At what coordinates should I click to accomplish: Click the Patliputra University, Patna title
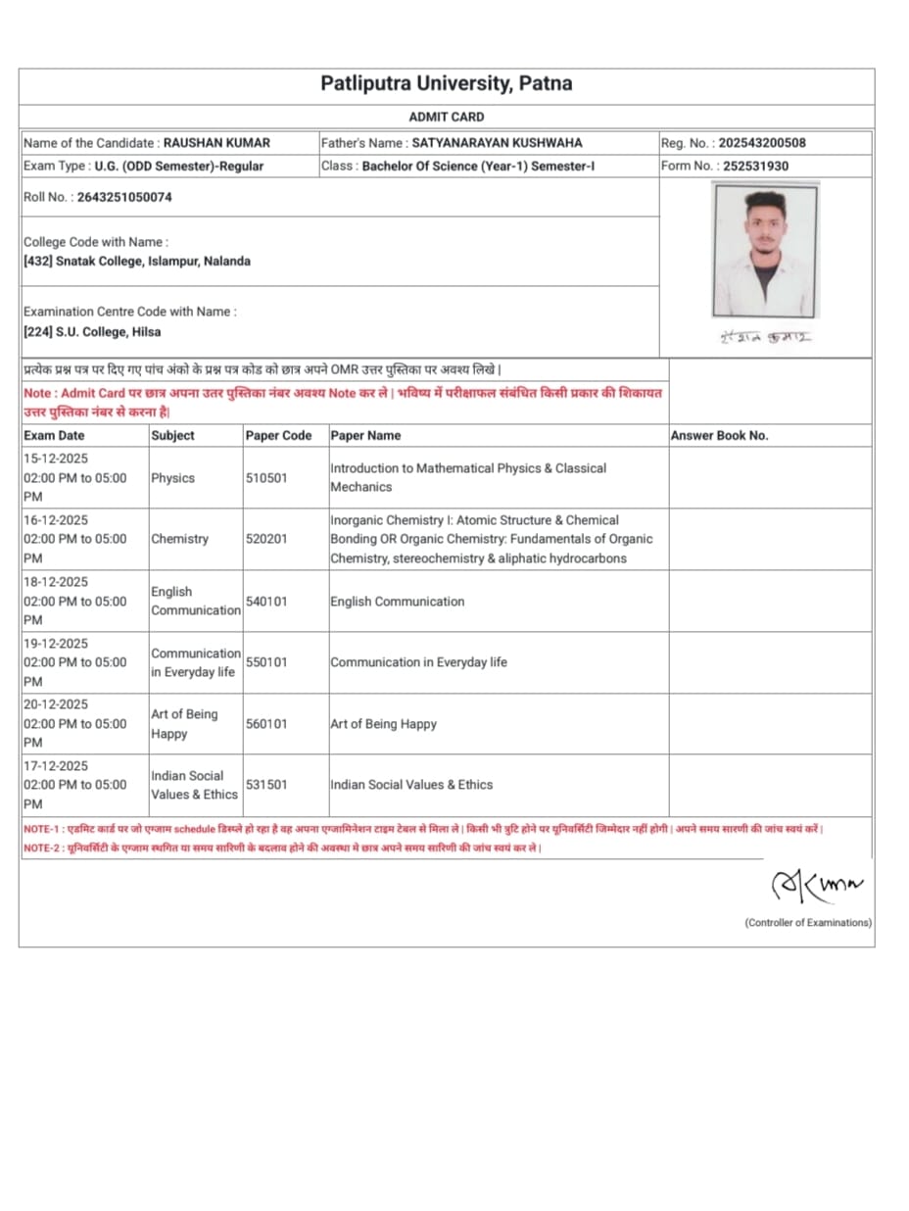(x=447, y=84)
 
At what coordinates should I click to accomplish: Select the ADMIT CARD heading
(x=447, y=118)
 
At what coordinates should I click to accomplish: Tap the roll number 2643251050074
(x=131, y=197)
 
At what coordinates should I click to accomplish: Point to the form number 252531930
(x=755, y=166)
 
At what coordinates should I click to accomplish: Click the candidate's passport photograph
(x=764, y=250)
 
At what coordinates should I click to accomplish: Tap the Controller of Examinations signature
(x=817, y=888)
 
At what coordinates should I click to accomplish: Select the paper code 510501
(x=266, y=478)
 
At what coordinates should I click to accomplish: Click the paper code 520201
(x=266, y=539)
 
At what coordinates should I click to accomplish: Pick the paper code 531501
(x=266, y=785)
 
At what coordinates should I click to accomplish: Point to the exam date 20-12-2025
(x=56, y=704)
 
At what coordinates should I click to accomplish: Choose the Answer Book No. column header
(x=719, y=435)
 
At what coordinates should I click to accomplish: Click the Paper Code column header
(x=278, y=435)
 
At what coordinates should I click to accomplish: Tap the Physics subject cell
(x=172, y=478)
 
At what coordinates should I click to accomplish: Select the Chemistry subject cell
(x=179, y=539)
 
